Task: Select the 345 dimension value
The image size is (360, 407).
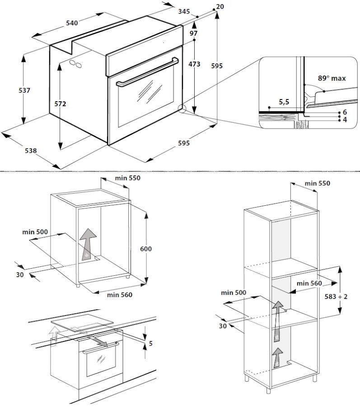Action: pos(183,11)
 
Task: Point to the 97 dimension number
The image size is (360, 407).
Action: pos(194,33)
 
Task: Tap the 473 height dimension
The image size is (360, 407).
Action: pos(194,64)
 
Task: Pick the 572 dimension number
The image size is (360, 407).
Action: pos(60,104)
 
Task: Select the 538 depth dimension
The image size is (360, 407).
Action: pos(30,150)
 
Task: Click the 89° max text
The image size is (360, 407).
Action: pos(332,78)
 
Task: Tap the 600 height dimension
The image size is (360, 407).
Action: pos(146,249)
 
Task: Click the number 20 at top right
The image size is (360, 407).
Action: pos(220,6)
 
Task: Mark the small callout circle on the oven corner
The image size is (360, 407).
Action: pos(182,109)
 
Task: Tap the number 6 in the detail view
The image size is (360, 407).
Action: pos(344,112)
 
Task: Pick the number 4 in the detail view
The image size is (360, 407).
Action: pos(344,119)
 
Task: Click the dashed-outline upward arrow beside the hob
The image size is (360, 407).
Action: pos(54,336)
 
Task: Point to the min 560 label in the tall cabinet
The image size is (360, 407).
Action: pos(309,283)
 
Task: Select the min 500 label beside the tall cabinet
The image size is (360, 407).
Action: pos(234,293)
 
